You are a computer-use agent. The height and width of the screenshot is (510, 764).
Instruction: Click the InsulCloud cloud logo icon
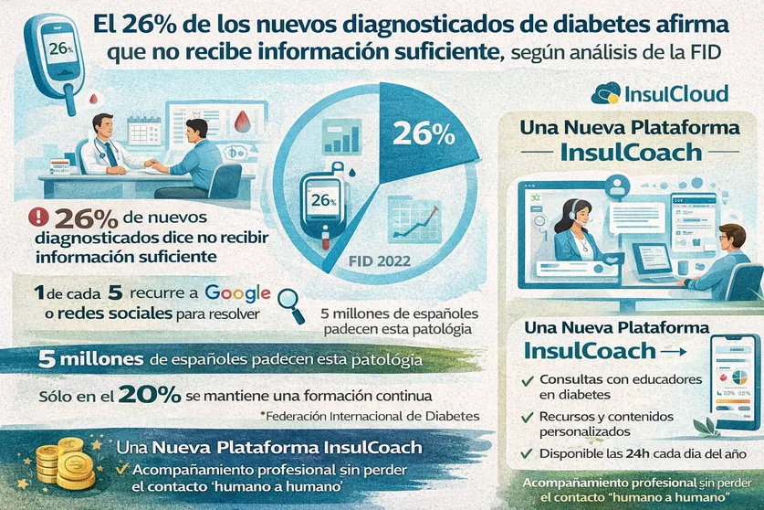point(606,93)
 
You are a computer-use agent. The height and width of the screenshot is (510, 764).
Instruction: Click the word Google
point(237,294)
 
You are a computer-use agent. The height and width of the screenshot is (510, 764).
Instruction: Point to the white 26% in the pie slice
point(423,133)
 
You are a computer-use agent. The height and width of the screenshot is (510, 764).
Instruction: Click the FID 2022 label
point(380,260)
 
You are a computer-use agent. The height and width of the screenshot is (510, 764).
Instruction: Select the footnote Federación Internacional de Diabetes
point(369,417)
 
